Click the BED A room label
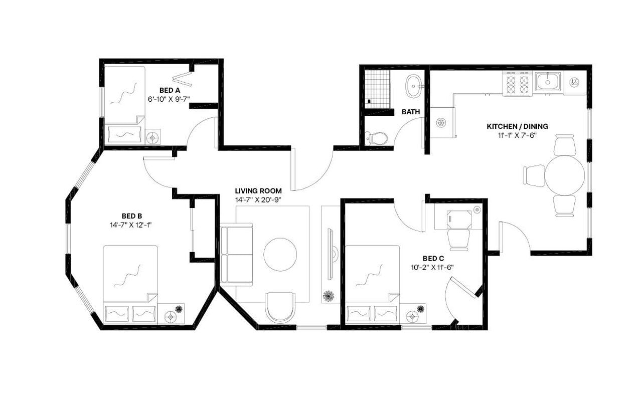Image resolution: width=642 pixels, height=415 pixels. point(168,91)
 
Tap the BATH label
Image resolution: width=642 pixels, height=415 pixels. point(410,112)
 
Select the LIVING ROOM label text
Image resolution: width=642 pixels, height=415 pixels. point(258,191)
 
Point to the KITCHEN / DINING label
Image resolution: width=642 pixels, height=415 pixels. point(517,126)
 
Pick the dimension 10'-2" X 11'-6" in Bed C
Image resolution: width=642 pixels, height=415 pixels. point(430,267)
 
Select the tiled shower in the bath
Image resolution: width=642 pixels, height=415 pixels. point(377,88)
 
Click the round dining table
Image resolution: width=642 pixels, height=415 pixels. point(565,175)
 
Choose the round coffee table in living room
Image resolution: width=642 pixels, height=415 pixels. point(280,254)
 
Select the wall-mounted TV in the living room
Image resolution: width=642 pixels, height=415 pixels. point(331,254)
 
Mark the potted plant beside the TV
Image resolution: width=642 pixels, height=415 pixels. point(330,296)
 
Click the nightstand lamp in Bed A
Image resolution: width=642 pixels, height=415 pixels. point(153,136)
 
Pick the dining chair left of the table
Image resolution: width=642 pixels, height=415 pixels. point(534,175)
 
